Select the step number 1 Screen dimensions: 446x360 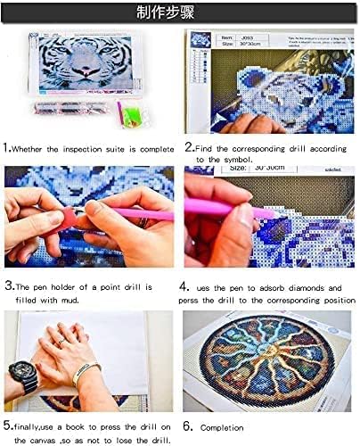7,147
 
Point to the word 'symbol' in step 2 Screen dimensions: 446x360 255,160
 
